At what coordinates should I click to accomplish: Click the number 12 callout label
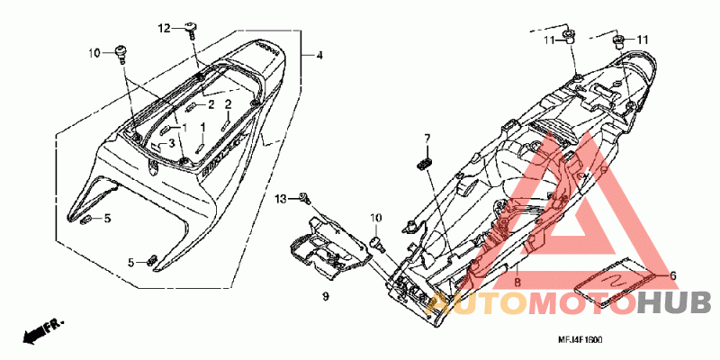pyautogui.click(x=165, y=29)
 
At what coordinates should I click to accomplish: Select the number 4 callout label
pyautogui.click(x=318, y=56)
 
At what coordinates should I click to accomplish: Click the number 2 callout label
pyautogui.click(x=228, y=104)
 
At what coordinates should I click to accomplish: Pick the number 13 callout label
pyautogui.click(x=281, y=197)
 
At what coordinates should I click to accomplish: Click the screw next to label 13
pyautogui.click(x=305, y=196)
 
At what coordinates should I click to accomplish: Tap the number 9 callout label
pyautogui.click(x=326, y=295)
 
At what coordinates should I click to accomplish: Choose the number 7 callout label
pyautogui.click(x=428, y=138)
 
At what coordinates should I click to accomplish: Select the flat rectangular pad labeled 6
pyautogui.click(x=611, y=281)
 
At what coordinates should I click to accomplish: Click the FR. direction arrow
pyautogui.click(x=40, y=330)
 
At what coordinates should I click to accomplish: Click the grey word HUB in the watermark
pyautogui.click(x=674, y=302)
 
